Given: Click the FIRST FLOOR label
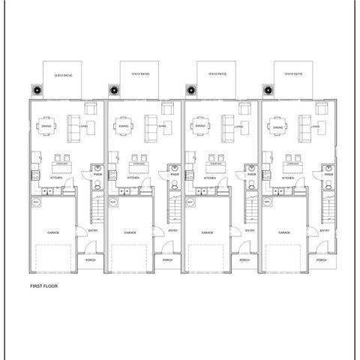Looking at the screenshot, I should pos(43,286).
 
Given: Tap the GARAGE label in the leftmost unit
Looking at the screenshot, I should pos(53,232).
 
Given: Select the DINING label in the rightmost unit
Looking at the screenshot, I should pos(278,128).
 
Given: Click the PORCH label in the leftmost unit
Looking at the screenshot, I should pos(91,259).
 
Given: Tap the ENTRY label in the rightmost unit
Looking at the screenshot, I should pos(325,230).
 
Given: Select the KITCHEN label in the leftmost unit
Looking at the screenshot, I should pos(55,178).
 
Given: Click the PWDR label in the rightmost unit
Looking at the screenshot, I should pos(328,175).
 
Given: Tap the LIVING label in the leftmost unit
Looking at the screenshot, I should pos(82,127).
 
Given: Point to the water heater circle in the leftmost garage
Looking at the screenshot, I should pos(35,202).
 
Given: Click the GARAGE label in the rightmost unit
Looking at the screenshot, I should pos(284,232).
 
